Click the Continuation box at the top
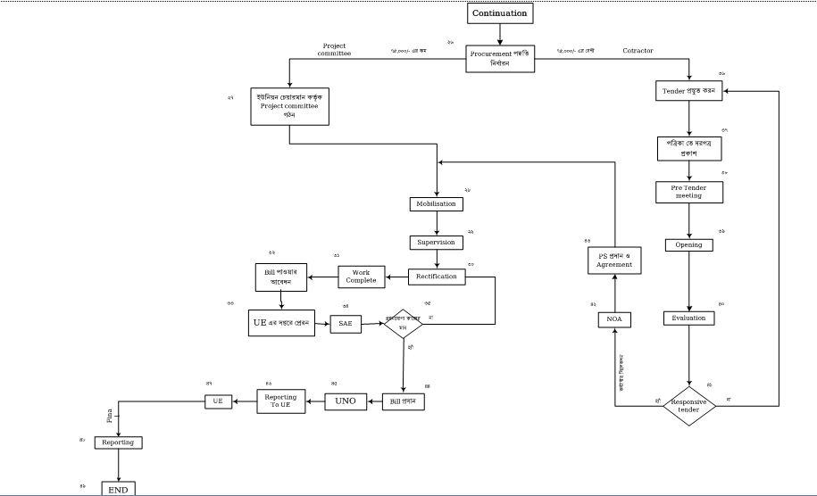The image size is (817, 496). tap(500, 13)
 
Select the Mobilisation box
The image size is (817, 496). tap(437, 204)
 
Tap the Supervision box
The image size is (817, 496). tap(437, 242)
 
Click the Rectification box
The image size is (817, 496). tap(437, 277)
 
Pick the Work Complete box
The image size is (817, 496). tap(362, 277)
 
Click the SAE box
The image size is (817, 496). tap(346, 325)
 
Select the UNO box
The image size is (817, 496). tap(346, 401)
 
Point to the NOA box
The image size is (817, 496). tap(614, 318)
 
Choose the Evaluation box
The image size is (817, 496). tap(688, 318)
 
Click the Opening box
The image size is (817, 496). tap(688, 244)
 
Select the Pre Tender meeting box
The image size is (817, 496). tap(688, 192)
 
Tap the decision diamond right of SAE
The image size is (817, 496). tap(404, 323)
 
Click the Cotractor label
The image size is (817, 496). tap(638, 51)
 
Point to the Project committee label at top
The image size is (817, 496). tap(334, 49)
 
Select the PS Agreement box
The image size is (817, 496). tap(614, 260)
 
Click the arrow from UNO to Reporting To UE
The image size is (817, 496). tap(315, 401)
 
